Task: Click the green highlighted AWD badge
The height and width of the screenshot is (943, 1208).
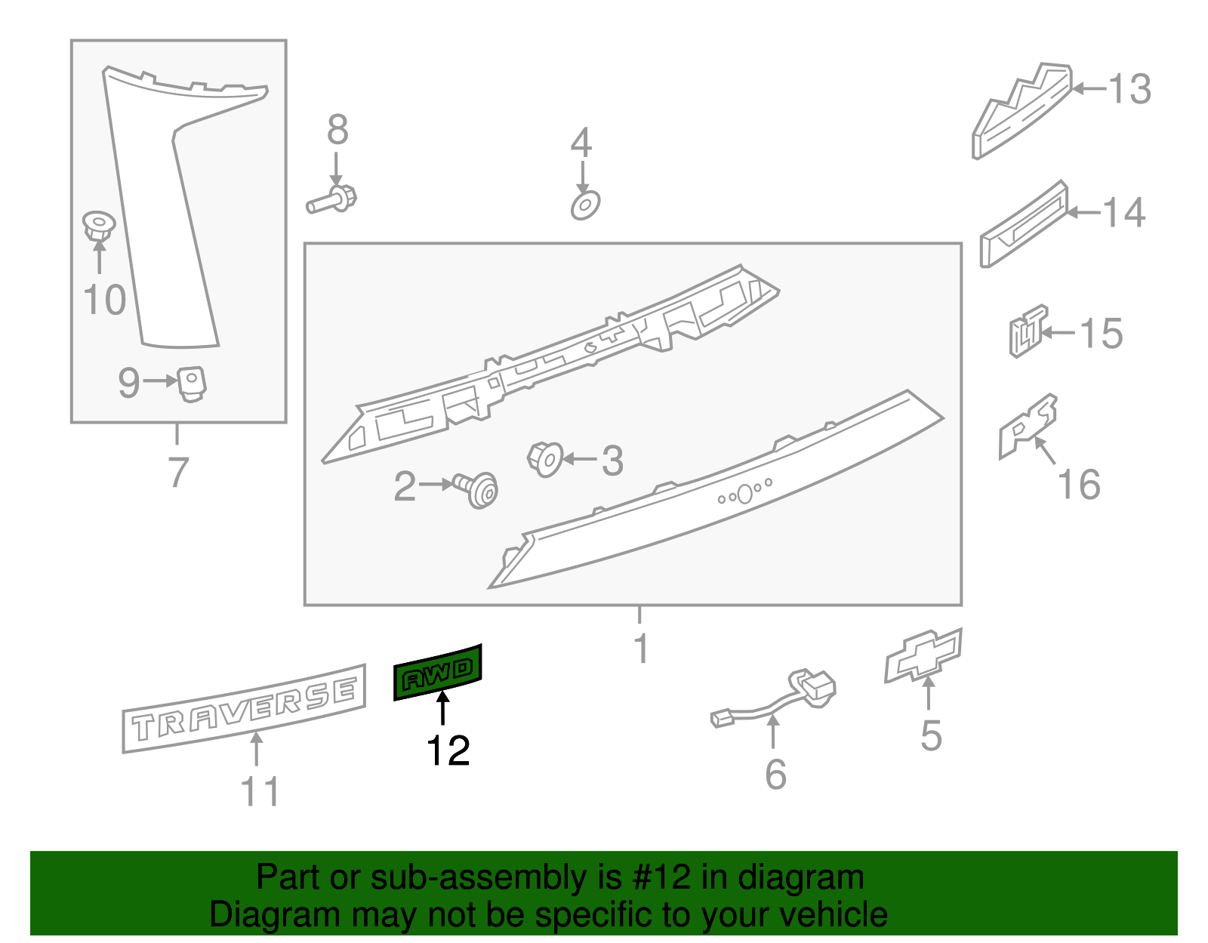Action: click(437, 672)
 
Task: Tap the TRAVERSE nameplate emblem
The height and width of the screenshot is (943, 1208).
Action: click(244, 708)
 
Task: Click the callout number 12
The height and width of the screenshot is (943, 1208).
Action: click(448, 750)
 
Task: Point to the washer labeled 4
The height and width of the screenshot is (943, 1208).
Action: click(585, 205)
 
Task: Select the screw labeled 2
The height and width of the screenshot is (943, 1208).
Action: click(476, 489)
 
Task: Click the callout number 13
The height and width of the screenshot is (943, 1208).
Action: click(1129, 89)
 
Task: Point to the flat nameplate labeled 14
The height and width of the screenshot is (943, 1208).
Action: click(1024, 224)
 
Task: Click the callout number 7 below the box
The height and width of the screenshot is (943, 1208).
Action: click(177, 473)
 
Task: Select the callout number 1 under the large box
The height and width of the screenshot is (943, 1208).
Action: click(640, 648)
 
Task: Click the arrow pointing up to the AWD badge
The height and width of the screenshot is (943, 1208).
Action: click(443, 711)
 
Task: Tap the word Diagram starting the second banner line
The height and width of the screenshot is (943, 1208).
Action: click(252, 914)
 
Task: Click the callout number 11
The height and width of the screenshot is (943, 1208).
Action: click(259, 792)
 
